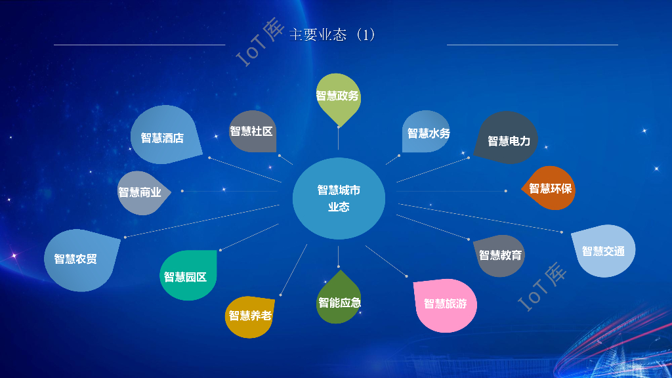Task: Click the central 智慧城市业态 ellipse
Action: [339, 198]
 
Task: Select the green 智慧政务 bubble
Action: [338, 96]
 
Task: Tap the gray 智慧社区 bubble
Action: [251, 131]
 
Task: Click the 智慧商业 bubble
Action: [140, 192]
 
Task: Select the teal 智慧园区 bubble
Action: [186, 276]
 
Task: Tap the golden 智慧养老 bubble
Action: [249, 316]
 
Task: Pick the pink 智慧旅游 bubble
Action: [446, 304]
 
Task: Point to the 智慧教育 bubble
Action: [500, 255]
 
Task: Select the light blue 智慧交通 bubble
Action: [604, 251]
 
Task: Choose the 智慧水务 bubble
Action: [427, 133]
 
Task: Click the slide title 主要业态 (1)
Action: [332, 35]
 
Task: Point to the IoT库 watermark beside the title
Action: [259, 41]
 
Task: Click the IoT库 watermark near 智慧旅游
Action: [541, 287]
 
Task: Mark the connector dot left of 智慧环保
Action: [506, 191]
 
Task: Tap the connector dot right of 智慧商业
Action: [182, 191]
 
